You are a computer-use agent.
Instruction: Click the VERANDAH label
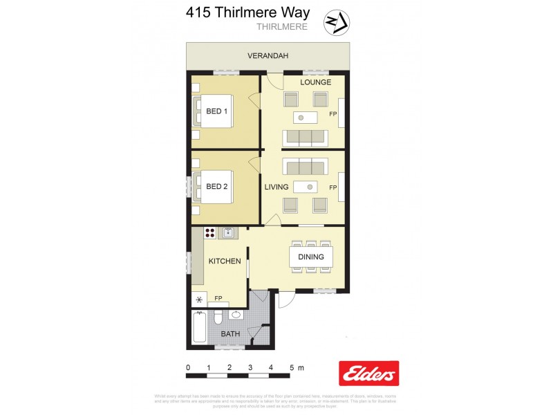pyautogui.click(x=268, y=55)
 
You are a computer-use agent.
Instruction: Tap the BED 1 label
pyautogui.click(x=216, y=111)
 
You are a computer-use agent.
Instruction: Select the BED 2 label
pyautogui.click(x=216, y=186)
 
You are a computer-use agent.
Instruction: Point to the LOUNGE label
pyautogui.click(x=315, y=82)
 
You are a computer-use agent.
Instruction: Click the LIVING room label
pyautogui.click(x=276, y=187)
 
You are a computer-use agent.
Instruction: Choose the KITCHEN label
pyautogui.click(x=225, y=261)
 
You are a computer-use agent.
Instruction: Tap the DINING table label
pyautogui.click(x=310, y=257)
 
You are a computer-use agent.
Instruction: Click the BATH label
pyautogui.click(x=229, y=335)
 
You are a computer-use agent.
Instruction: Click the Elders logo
pyautogui.click(x=368, y=374)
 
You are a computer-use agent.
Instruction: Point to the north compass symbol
pyautogui.click(x=336, y=23)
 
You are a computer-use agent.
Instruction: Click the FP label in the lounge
pyautogui.click(x=332, y=114)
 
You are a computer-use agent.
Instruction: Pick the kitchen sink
pyautogui.click(x=228, y=234)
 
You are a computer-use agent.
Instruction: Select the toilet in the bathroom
pyautogui.click(x=217, y=317)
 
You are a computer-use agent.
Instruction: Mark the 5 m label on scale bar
pyautogui.click(x=297, y=367)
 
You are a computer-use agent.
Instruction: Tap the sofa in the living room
pyautogui.click(x=304, y=167)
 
